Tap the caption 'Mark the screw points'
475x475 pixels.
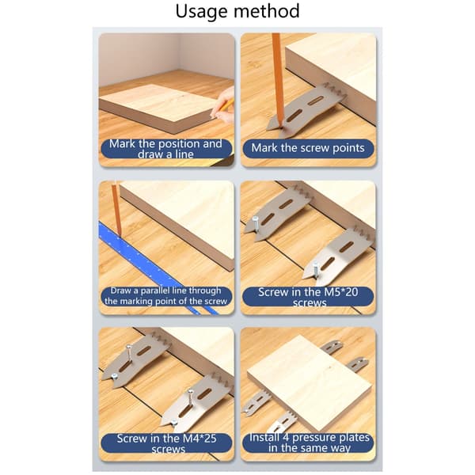click(308, 148)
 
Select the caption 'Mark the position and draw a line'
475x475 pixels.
click(165, 149)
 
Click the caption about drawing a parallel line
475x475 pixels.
click(165, 296)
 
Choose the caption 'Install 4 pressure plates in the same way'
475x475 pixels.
click(309, 443)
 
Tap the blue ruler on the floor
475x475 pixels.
click(154, 268)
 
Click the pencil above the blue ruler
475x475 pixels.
click(116, 209)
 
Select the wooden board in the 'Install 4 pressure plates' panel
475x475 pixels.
click(309, 382)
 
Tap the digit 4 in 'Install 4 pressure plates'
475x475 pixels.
click(286, 438)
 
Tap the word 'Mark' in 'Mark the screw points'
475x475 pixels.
click(264, 148)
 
